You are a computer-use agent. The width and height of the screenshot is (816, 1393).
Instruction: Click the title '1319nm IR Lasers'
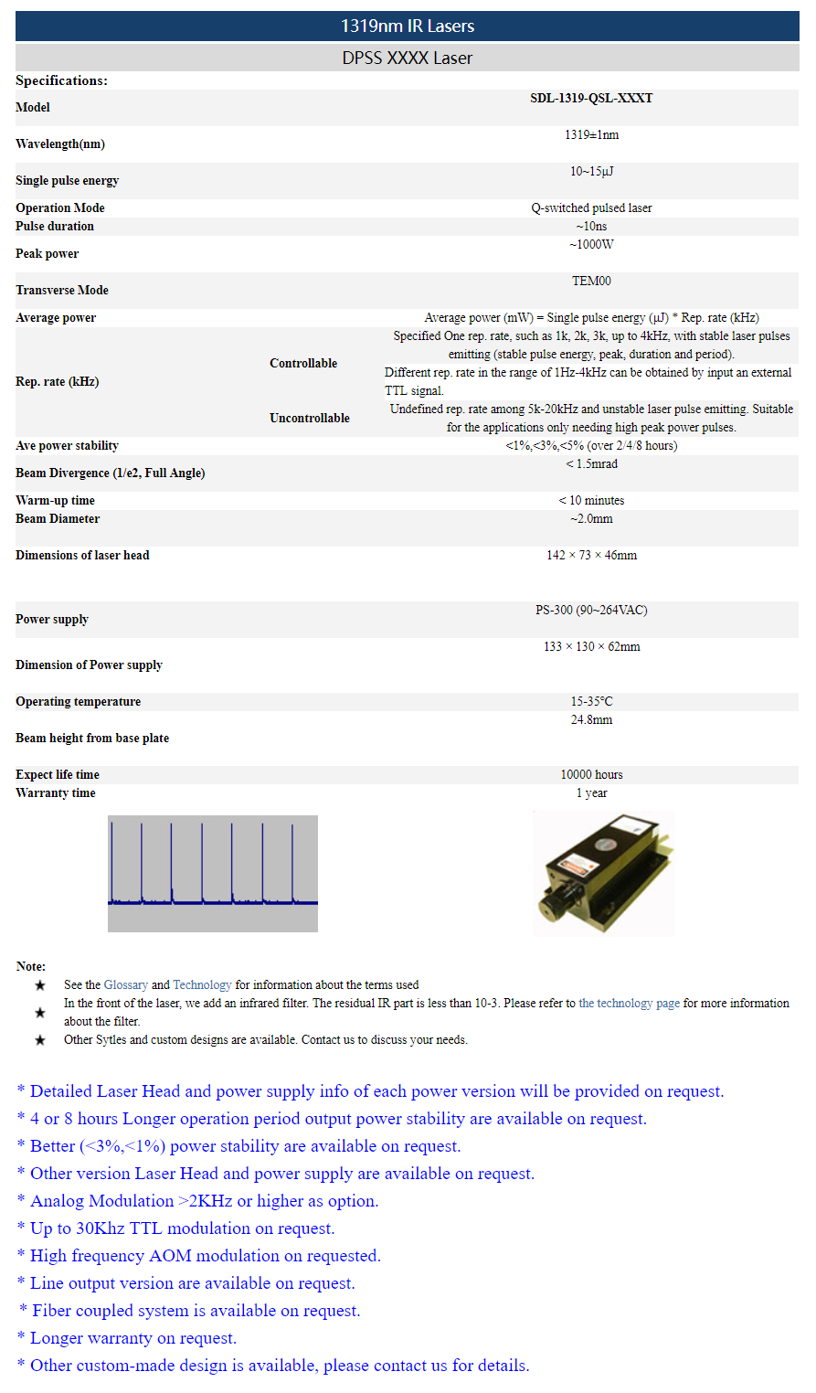tap(408, 26)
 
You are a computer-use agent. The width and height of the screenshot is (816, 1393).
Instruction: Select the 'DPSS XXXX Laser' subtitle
tap(408, 58)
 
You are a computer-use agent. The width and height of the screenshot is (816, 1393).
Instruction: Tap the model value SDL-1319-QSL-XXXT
tap(591, 99)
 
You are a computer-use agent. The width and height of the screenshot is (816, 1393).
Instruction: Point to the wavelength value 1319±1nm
tap(591, 135)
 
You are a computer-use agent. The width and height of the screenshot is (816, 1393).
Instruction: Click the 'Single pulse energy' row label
tap(67, 181)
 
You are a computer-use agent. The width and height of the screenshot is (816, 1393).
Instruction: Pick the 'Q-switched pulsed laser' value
tap(591, 208)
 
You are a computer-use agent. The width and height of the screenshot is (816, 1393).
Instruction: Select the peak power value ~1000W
tap(591, 245)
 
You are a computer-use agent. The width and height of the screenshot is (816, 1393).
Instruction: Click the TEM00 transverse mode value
tap(591, 282)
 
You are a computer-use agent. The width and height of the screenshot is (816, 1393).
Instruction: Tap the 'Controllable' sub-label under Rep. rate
tap(303, 364)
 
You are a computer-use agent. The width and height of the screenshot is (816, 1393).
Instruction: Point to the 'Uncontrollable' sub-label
tap(309, 419)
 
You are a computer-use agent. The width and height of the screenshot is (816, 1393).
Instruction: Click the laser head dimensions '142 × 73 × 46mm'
tap(591, 556)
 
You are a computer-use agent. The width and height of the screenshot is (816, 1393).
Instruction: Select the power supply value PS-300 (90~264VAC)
tap(591, 611)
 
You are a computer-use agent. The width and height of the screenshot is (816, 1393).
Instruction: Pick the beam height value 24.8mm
tap(591, 720)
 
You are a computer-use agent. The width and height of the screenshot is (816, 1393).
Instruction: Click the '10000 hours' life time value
tap(591, 775)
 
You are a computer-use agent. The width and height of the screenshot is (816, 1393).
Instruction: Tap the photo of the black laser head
tap(603, 874)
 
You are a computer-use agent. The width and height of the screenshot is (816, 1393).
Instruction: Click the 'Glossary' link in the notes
tap(126, 985)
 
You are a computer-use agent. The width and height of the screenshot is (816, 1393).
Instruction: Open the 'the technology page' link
tap(629, 1004)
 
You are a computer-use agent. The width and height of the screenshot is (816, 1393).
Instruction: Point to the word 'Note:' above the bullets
tap(31, 967)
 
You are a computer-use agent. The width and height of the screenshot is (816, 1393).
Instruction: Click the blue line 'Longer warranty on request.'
tap(133, 1338)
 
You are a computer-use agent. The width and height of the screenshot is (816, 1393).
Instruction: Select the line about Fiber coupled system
tap(196, 1311)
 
